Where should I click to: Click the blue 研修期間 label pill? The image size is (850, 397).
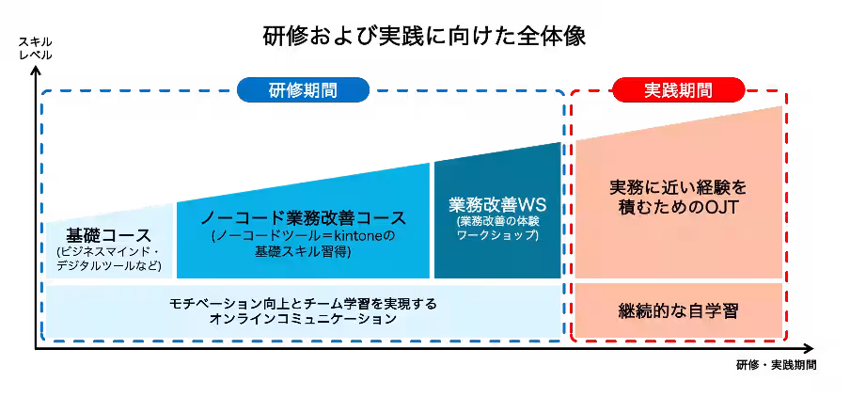(303, 90)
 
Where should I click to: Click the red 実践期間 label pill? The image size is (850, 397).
(678, 90)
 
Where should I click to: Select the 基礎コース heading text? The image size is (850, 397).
(109, 234)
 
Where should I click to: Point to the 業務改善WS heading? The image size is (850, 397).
(497, 204)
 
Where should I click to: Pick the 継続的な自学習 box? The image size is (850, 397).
(678, 310)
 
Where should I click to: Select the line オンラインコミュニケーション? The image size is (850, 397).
(304, 319)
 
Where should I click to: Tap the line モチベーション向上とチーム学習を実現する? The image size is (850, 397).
(304, 303)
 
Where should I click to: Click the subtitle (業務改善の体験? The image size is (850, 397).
(497, 220)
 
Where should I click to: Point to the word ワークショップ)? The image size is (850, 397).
(497, 234)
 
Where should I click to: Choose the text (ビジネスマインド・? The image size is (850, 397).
(109, 252)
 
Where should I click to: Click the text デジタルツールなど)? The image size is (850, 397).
(109, 267)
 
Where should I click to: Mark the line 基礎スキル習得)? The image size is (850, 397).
(303, 252)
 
